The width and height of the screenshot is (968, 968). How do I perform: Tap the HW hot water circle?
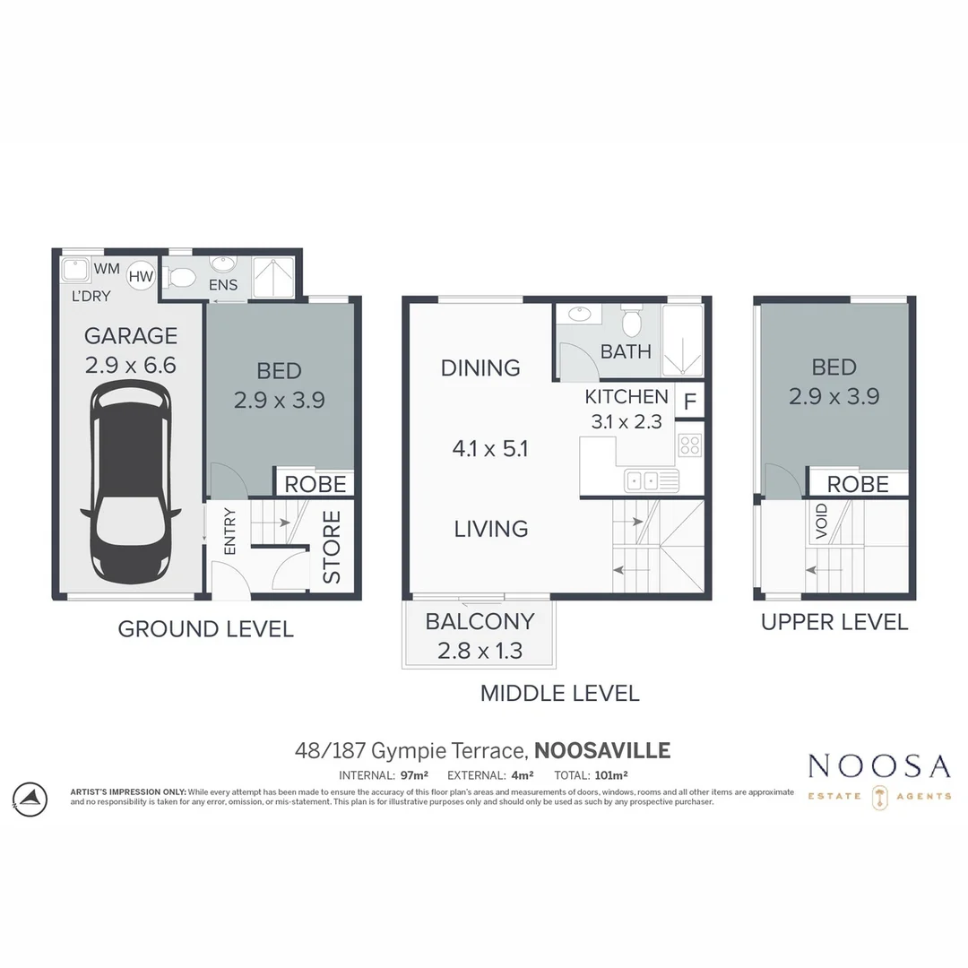tap(141, 276)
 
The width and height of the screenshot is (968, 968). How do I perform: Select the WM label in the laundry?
tap(107, 268)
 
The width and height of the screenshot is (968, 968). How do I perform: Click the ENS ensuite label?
tap(223, 285)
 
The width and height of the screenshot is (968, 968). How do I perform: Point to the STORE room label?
tap(332, 547)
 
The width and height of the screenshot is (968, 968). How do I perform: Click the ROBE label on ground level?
tap(315, 484)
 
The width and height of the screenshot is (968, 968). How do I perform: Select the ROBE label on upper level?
tap(858, 484)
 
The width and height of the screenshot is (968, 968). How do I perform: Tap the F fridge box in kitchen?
tap(690, 401)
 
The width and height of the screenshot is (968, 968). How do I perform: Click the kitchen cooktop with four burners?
tap(689, 445)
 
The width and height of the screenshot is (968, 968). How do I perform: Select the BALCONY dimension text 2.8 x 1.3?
tap(480, 651)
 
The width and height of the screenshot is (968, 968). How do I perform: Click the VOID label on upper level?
tap(822, 522)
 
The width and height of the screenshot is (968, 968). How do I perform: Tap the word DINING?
tap(480, 367)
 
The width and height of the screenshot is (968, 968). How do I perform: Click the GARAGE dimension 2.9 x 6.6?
tap(131, 366)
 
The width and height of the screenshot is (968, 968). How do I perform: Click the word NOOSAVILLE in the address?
tap(602, 750)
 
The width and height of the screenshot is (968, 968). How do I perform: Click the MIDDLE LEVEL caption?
tap(559, 693)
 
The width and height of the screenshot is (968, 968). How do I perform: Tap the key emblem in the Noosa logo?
tap(879, 797)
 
